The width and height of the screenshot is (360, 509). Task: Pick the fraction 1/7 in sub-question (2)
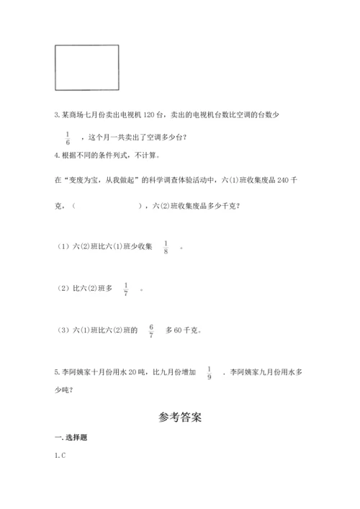click(126, 289)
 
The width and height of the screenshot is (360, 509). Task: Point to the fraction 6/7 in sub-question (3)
click(151, 330)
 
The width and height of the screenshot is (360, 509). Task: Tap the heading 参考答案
click(179, 417)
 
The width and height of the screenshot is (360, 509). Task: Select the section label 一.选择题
click(71, 438)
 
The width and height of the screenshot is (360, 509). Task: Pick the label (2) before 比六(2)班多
click(63, 289)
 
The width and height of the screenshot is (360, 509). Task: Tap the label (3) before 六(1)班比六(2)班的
click(63, 331)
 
